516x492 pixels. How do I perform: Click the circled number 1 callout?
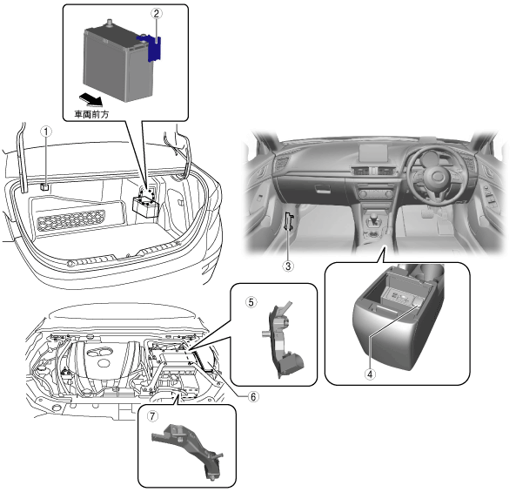coord(46,132)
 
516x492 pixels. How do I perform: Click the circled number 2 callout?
coord(157,14)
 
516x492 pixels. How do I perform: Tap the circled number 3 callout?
coord(288,266)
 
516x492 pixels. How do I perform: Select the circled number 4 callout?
coord(370,374)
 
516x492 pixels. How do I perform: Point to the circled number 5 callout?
coord(251,302)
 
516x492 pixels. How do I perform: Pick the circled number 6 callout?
coord(253,397)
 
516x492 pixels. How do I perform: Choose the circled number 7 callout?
coord(152,416)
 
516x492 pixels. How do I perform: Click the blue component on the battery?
coord(151,48)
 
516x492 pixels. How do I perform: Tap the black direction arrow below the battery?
coord(90,99)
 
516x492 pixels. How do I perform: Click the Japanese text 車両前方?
coord(91,115)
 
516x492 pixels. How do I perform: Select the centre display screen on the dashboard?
coord(373,153)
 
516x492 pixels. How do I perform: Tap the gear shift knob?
coord(374,219)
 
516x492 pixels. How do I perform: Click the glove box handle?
coord(323,189)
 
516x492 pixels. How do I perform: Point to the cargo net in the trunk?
coord(71,220)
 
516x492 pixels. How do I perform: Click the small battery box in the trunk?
coord(146,206)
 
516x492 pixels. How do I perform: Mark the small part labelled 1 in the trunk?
coord(44,187)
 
